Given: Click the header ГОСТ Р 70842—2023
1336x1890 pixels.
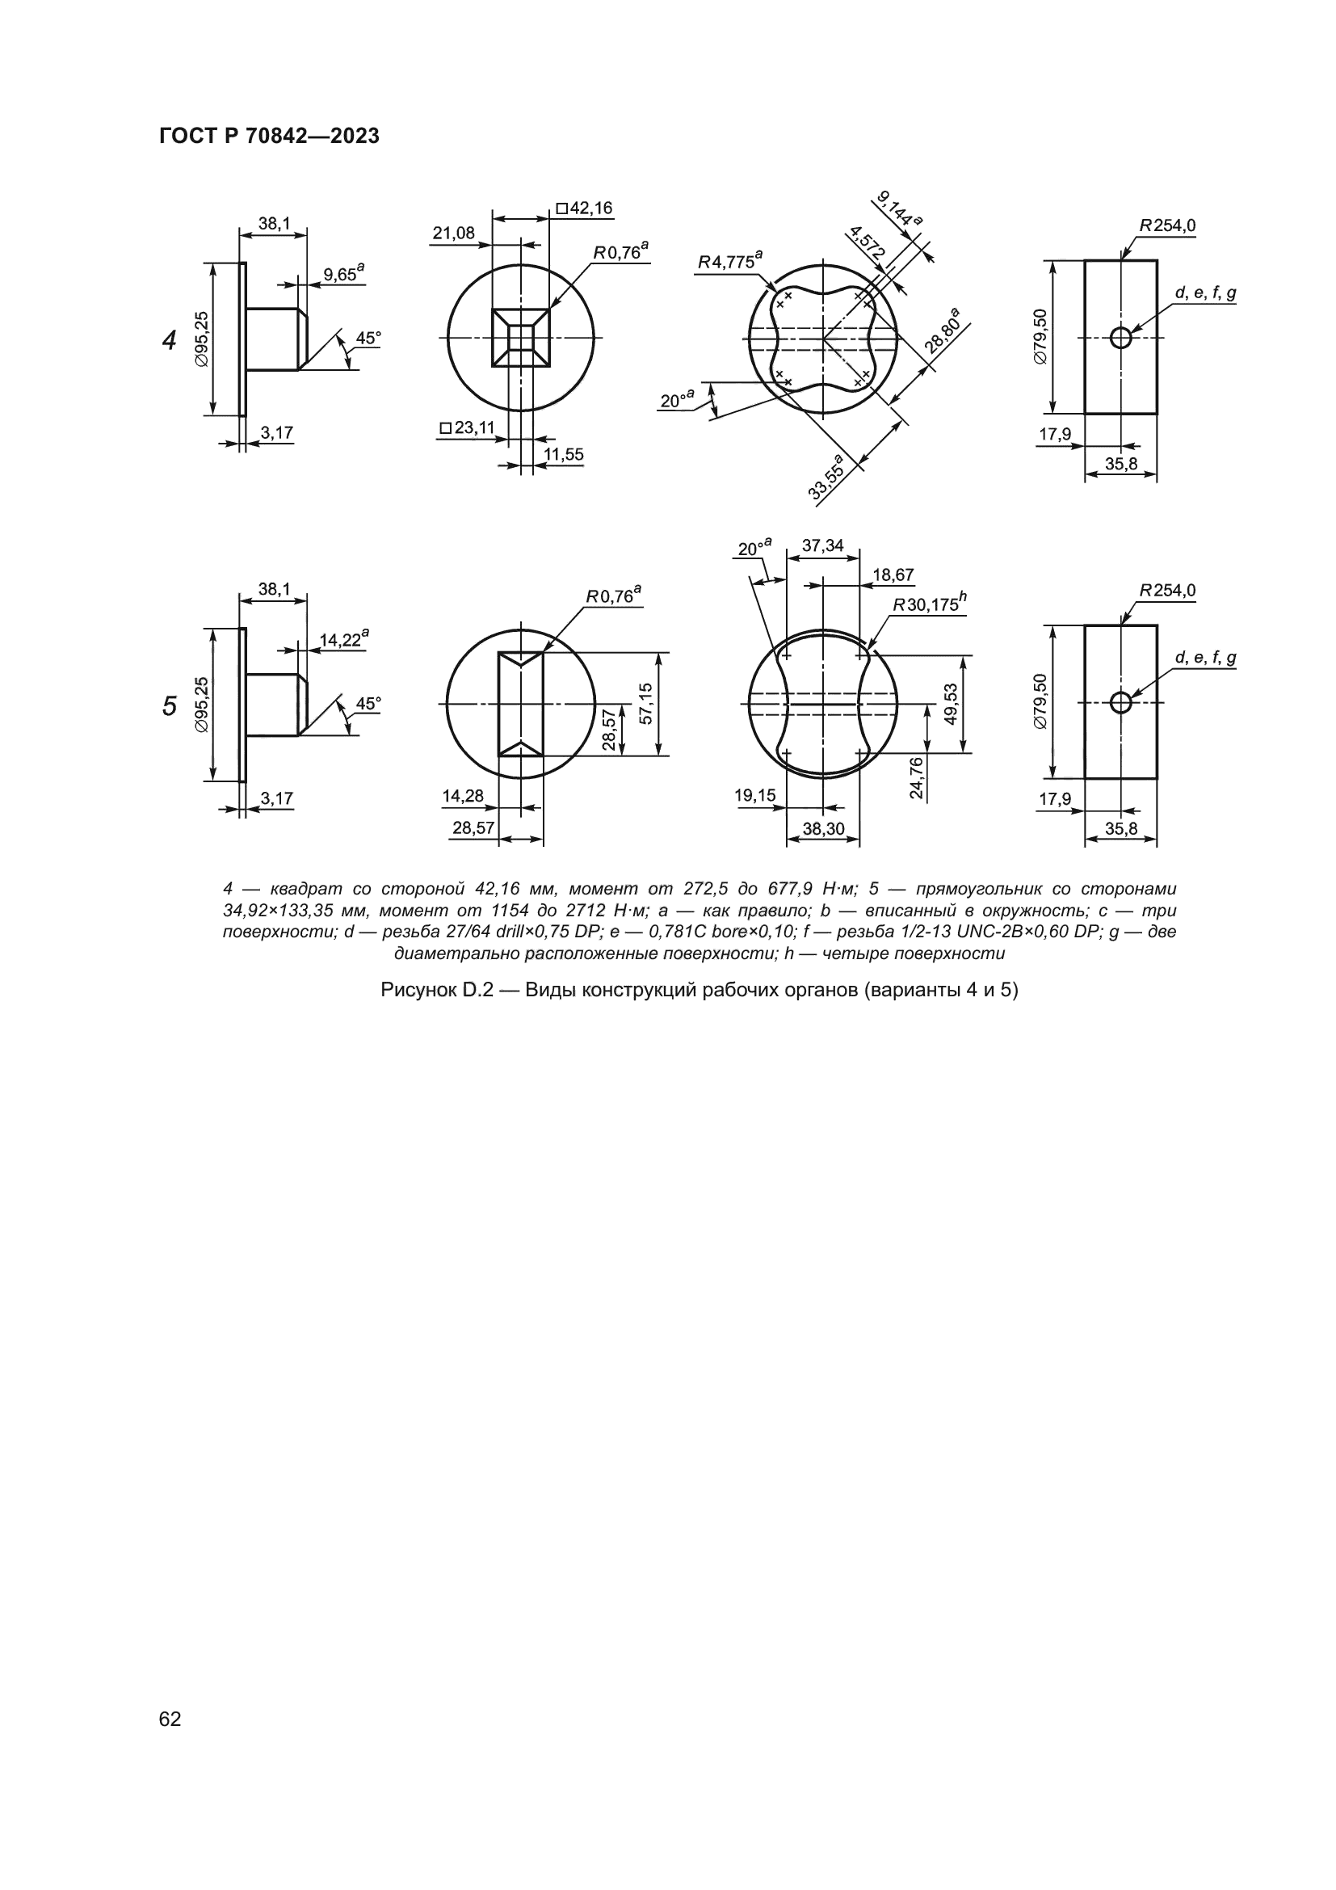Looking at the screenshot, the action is coord(269,137).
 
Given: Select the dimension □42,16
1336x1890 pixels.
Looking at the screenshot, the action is coord(584,208).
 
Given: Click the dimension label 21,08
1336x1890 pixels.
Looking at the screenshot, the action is coord(454,233).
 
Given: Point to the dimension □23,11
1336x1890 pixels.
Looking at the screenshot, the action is coord(467,428).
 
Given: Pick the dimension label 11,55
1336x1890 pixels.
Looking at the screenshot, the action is coord(564,454).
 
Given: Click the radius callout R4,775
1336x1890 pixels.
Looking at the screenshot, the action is coord(729,261).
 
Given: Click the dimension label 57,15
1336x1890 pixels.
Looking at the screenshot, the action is coord(646,704).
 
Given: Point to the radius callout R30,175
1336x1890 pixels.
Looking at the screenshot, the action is coord(930,604).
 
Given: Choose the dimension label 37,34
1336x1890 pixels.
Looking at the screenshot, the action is coord(822,545).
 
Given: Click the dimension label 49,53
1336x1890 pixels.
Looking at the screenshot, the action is coord(951,704).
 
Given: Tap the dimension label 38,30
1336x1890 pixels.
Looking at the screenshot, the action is coord(823,829).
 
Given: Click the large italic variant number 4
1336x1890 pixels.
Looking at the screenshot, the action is coord(170,340).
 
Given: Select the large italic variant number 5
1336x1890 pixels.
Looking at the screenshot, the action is coord(170,705).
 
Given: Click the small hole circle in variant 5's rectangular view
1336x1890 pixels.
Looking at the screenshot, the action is coord(1120,702).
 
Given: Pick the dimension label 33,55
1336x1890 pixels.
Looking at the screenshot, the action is coord(827,476).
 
